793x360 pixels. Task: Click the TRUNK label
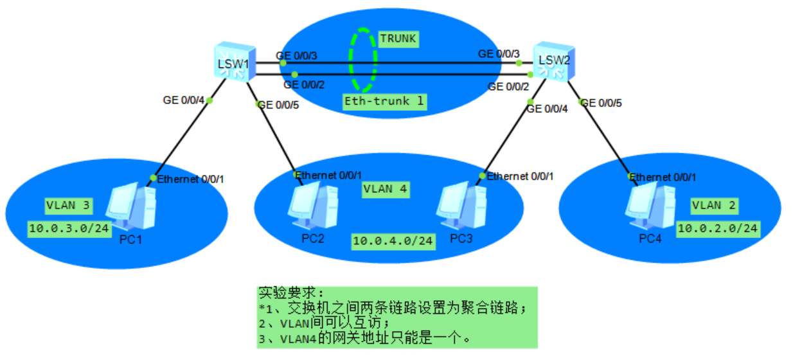tap(398, 39)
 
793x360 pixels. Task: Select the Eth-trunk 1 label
tap(384, 101)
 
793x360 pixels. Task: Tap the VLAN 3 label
tap(67, 206)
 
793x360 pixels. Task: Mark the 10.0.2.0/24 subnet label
tap(718, 228)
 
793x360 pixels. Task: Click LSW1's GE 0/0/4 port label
tap(183, 100)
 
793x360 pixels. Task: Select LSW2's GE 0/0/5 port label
tap(601, 103)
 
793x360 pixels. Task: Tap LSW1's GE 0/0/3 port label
tap(297, 56)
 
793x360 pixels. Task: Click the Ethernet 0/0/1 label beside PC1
tap(191, 179)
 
